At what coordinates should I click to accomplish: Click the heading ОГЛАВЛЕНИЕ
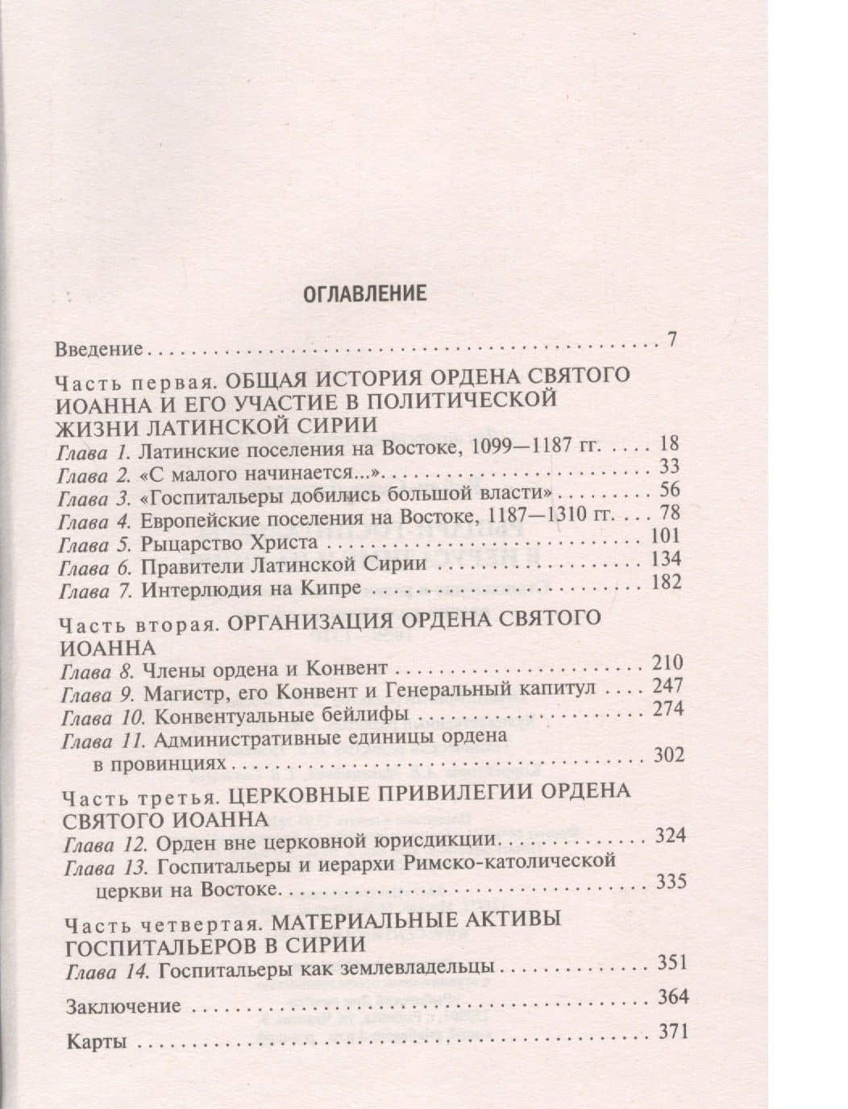click(364, 293)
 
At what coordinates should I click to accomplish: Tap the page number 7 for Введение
click(671, 339)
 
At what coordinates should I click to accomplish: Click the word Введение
click(99, 350)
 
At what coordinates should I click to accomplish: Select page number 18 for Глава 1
click(668, 444)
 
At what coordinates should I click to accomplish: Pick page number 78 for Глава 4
click(669, 513)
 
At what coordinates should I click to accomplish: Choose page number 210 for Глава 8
click(666, 663)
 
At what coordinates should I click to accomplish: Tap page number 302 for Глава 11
click(667, 755)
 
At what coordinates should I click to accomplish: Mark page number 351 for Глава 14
click(671, 962)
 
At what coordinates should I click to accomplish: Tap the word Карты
click(97, 1040)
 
